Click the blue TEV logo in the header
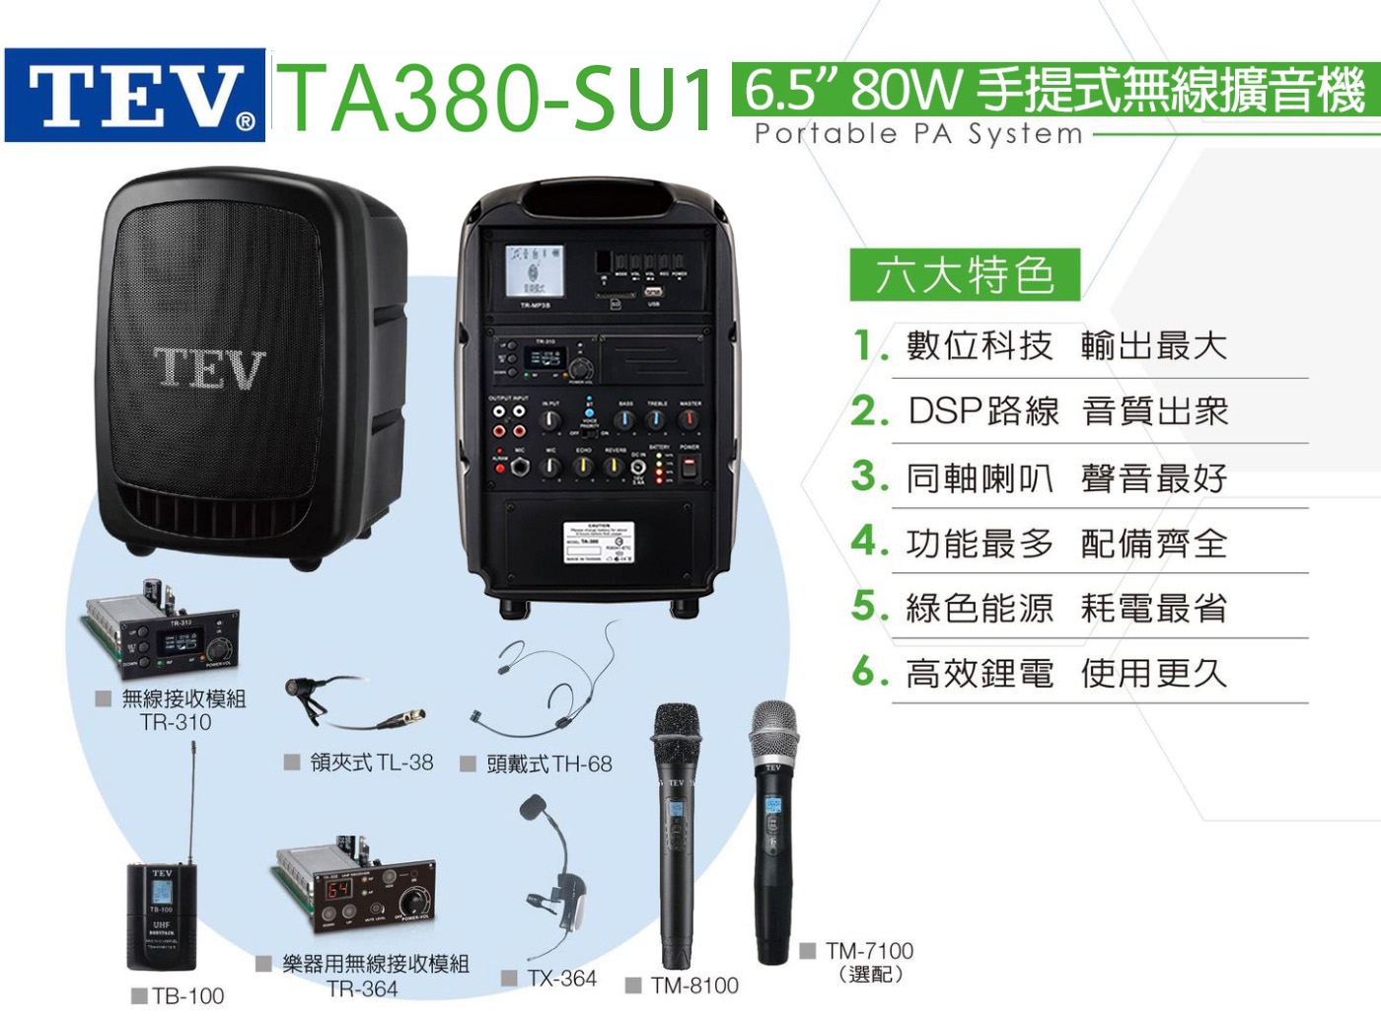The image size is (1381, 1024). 135,96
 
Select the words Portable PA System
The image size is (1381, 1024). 917,133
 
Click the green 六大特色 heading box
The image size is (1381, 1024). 964,274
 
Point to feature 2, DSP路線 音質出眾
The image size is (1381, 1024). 1067,410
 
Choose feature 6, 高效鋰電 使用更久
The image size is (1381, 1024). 1065,673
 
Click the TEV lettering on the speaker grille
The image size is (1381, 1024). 209,368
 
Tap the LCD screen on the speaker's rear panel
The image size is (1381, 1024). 535,270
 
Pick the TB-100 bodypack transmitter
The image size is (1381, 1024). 162,915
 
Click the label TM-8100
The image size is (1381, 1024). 694,985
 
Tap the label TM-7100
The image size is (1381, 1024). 869,951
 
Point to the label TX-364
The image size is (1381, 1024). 561,979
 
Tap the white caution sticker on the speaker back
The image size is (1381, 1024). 598,541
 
